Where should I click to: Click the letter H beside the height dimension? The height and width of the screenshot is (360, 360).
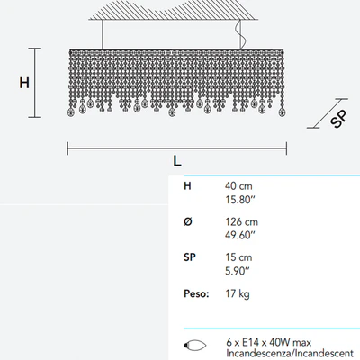pos(24,83)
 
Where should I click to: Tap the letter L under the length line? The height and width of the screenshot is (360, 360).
pos(177,161)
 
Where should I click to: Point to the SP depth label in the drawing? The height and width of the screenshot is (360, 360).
pos(338,119)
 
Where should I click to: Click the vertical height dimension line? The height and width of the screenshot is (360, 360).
pos(35,83)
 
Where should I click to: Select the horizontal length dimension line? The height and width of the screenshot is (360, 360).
pos(177,148)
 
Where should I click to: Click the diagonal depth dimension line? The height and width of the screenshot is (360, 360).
pos(328,113)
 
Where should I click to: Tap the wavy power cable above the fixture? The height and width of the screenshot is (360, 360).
pos(240,34)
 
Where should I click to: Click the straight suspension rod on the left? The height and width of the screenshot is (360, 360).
pos(103,34)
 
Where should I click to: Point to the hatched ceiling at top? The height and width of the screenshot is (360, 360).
pos(174,10)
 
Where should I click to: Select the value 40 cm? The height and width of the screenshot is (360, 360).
pos(238,186)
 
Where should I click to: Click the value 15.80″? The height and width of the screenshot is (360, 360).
pos(240,200)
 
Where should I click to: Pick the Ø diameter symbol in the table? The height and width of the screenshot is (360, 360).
pos(188,221)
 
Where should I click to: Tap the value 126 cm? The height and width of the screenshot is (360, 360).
pos(241,221)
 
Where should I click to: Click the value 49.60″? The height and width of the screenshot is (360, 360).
pos(240,235)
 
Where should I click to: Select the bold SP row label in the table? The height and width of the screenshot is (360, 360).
pos(190,257)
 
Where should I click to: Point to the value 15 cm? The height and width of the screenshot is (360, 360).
pos(238,257)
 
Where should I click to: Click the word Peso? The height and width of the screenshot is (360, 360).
pos(196,293)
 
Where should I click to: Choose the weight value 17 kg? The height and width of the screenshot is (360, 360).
pos(238,293)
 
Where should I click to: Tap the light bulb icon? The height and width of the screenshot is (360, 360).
pos(194,345)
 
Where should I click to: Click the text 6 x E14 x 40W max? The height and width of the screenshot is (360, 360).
pos(269,342)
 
